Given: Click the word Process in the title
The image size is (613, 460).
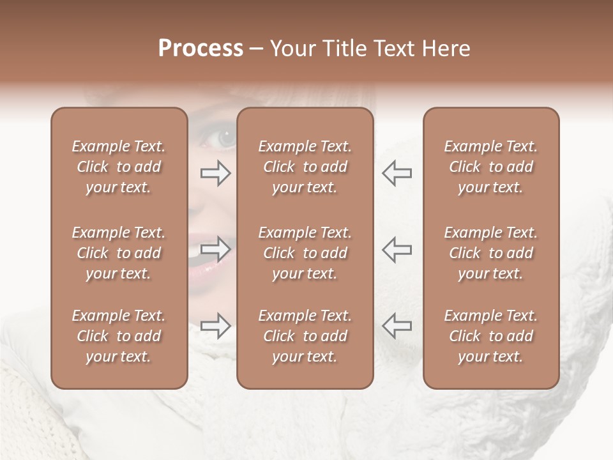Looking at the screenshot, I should pyautogui.click(x=201, y=49).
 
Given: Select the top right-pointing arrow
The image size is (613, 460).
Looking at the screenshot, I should pyautogui.click(x=215, y=172).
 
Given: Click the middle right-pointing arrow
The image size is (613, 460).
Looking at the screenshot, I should pyautogui.click(x=215, y=249).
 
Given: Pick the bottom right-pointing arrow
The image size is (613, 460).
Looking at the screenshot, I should pyautogui.click(x=215, y=326).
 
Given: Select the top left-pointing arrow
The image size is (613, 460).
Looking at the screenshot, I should pyautogui.click(x=397, y=172).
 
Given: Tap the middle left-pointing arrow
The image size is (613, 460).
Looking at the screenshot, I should pyautogui.click(x=397, y=249).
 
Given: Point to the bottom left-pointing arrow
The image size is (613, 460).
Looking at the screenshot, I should pyautogui.click(x=397, y=326).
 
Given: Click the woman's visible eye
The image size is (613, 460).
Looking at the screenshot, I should pyautogui.click(x=225, y=137).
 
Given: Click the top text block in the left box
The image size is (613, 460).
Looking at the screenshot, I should pyautogui.click(x=119, y=167).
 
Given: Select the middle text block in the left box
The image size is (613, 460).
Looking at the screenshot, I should pyautogui.click(x=119, y=253).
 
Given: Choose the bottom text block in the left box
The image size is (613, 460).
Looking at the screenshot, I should pyautogui.click(x=119, y=336).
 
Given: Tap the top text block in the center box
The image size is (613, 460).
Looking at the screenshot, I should pyautogui.click(x=305, y=167).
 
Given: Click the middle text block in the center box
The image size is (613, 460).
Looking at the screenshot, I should pyautogui.click(x=305, y=253).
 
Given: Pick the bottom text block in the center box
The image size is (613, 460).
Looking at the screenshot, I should pyautogui.click(x=305, y=336).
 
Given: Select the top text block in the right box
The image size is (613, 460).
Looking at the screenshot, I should pyautogui.click(x=491, y=167).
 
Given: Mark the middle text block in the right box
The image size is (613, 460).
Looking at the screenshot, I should pyautogui.click(x=491, y=253).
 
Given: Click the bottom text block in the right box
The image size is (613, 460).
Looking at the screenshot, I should pyautogui.click(x=491, y=336).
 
